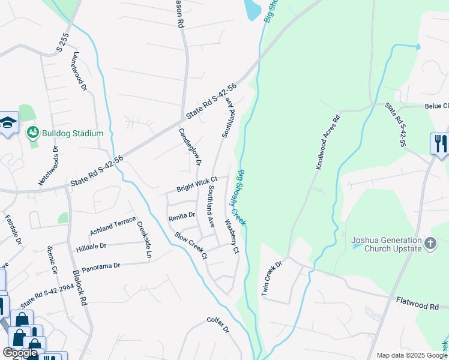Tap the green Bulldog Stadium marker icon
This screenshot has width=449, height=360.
(33, 133)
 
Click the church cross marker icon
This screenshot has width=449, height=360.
(429, 244)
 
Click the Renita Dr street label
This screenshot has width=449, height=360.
(182, 215)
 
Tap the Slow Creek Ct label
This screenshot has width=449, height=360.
(191, 247)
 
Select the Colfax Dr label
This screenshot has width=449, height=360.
(218, 325)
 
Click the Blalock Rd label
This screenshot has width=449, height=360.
(81, 288)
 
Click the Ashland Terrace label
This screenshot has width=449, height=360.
(113, 226)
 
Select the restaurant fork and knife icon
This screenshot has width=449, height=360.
(439, 143)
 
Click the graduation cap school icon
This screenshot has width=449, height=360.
(7, 123)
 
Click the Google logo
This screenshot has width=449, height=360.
(20, 353)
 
